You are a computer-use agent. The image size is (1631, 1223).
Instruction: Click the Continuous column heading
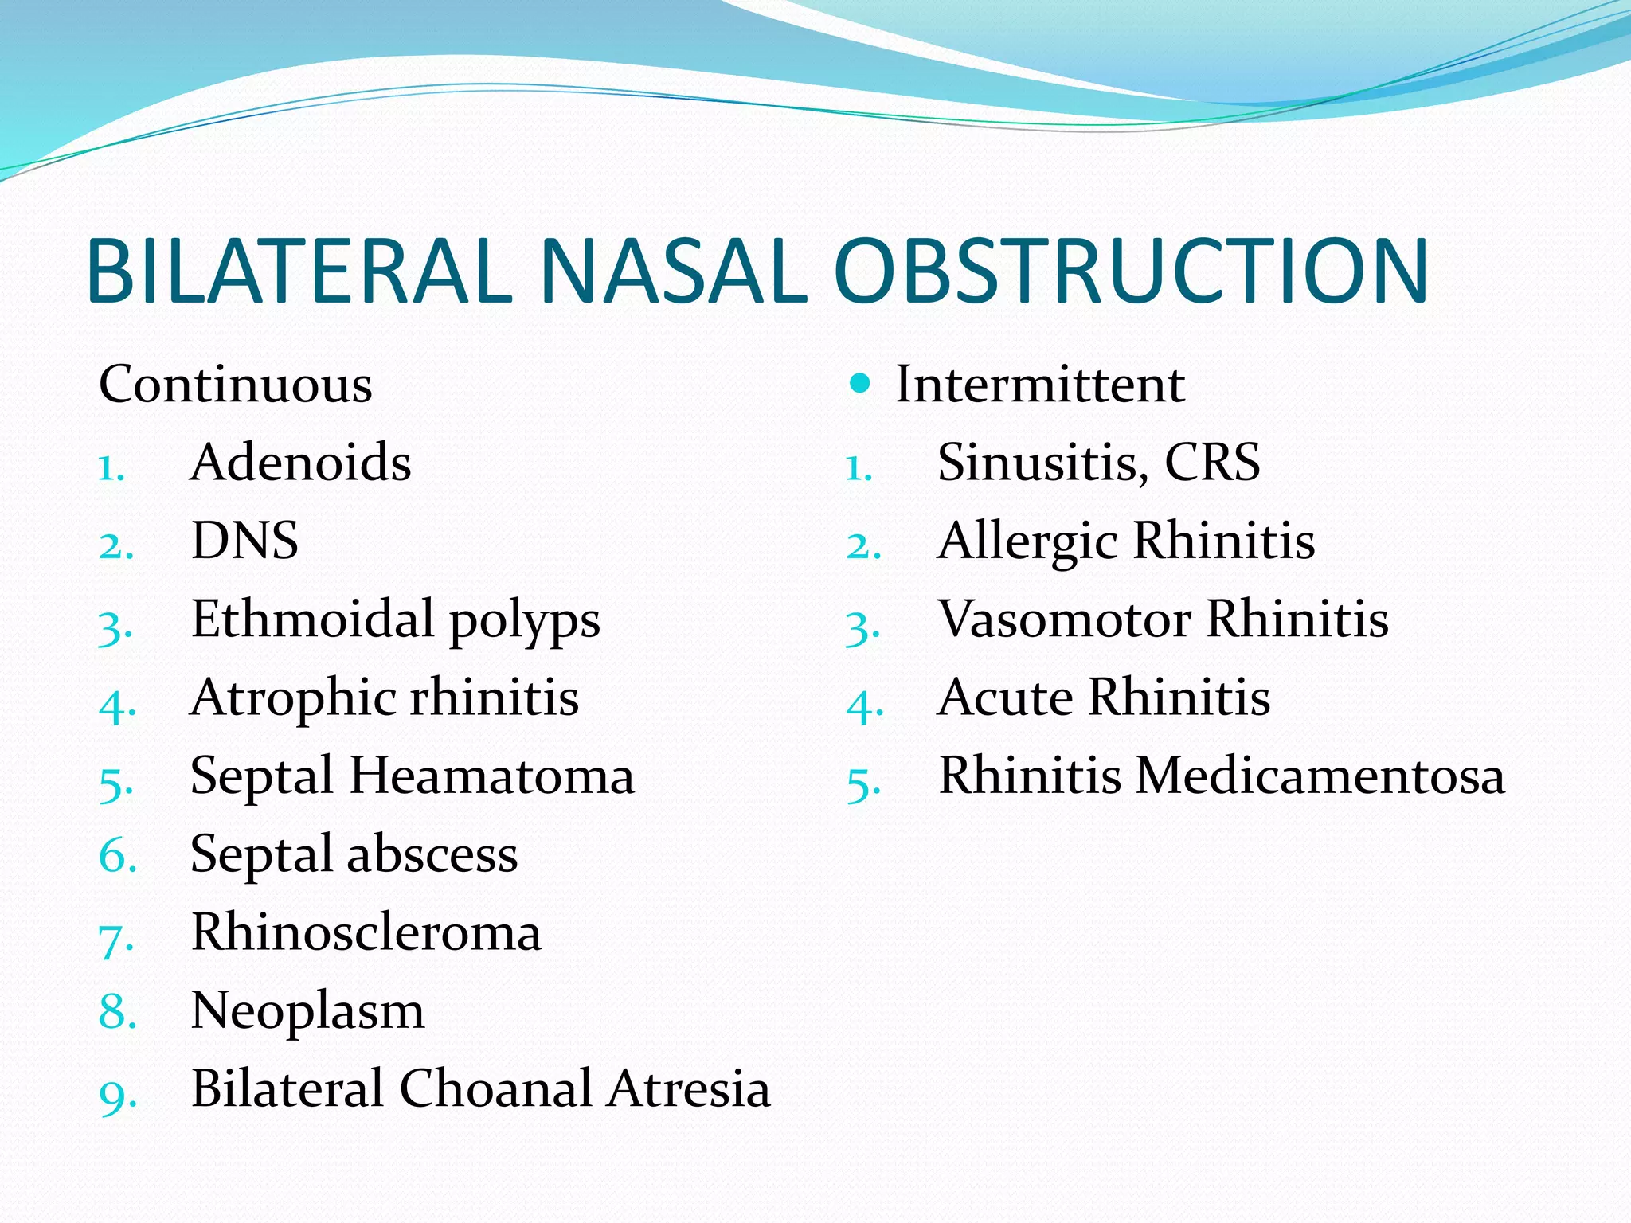point(236,384)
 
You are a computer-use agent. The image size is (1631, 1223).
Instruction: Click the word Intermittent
point(1040,384)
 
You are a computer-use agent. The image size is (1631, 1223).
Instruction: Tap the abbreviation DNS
point(245,541)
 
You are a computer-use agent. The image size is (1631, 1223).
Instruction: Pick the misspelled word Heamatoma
point(492,776)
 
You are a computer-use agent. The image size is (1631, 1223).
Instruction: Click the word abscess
point(432,854)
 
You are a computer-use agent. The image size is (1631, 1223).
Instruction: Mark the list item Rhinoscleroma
point(366,932)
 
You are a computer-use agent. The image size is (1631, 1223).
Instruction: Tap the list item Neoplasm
point(307,1011)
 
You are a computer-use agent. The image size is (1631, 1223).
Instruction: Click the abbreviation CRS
point(1212,462)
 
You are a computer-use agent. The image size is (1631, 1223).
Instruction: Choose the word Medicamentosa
point(1320,776)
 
